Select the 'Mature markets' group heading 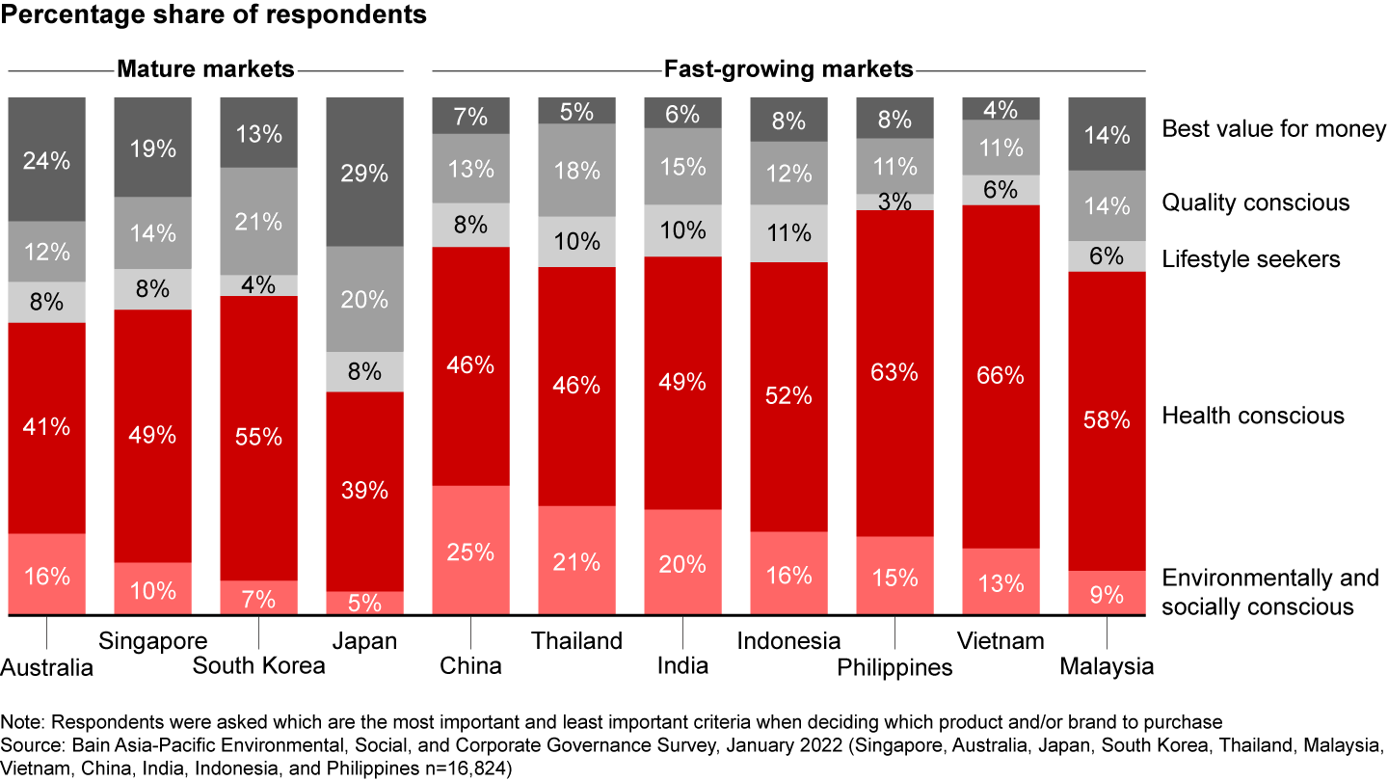click(205, 69)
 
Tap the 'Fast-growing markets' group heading click(788, 69)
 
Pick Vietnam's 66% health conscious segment click(1001, 376)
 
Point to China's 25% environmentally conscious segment click(470, 551)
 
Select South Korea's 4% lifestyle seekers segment click(258, 285)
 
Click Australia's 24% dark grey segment click(46, 159)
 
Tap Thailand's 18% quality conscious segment click(576, 171)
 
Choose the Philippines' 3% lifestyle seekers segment click(894, 202)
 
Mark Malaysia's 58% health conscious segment click(1107, 420)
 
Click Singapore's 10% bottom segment click(152, 589)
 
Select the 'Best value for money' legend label click(1273, 128)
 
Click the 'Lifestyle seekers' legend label click(1250, 259)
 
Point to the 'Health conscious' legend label click(1252, 416)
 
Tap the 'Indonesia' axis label click(788, 640)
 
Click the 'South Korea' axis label click(258, 665)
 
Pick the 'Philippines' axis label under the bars click(894, 666)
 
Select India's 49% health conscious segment click(682, 382)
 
